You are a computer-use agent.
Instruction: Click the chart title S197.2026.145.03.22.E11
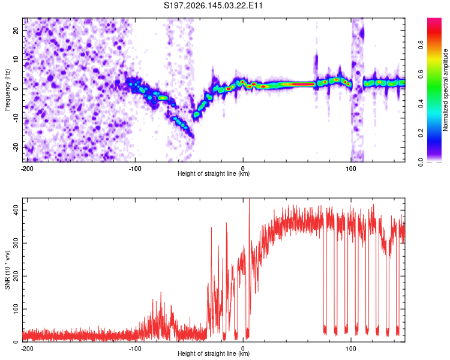213,5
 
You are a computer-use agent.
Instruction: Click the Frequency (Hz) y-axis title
7,90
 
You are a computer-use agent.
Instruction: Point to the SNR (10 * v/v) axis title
7,270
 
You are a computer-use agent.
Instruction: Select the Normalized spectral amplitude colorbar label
445,90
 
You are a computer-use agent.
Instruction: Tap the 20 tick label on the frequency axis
16,31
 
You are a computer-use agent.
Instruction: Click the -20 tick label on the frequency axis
16,148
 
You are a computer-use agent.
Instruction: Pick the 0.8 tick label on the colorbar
421,45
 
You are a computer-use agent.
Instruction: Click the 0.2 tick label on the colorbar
421,133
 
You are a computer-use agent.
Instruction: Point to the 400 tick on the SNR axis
16,210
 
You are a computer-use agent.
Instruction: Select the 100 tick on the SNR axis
16,309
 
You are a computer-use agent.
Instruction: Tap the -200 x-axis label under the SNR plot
27,349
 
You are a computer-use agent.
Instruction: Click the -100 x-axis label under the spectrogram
135,169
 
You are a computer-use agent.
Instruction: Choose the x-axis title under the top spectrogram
214,173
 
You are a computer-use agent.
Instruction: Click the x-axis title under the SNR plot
214,353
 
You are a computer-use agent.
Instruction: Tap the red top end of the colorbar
434,20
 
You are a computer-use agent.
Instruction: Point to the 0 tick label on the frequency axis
16,89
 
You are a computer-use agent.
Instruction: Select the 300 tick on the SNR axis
16,243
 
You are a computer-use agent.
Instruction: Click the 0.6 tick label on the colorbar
421,74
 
